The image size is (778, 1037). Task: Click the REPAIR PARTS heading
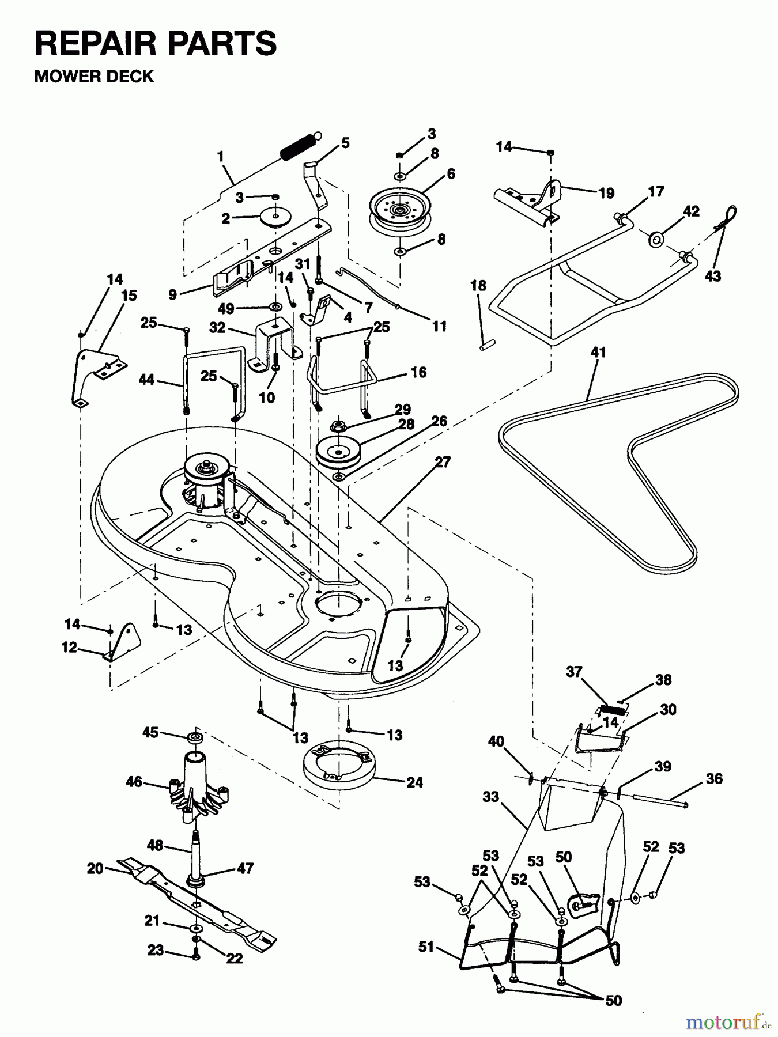(156, 43)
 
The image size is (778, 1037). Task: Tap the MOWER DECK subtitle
(94, 77)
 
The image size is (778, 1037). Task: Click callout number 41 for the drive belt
(598, 352)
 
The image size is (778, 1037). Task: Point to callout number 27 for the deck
(443, 462)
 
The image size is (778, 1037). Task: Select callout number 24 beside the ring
(414, 782)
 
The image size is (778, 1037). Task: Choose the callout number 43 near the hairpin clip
(713, 276)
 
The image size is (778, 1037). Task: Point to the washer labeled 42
(656, 239)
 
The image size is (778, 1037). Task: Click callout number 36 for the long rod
(713, 779)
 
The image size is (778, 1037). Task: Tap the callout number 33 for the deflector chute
(490, 797)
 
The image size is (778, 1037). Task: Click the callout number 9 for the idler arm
(172, 295)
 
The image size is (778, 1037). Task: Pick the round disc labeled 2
(275, 216)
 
